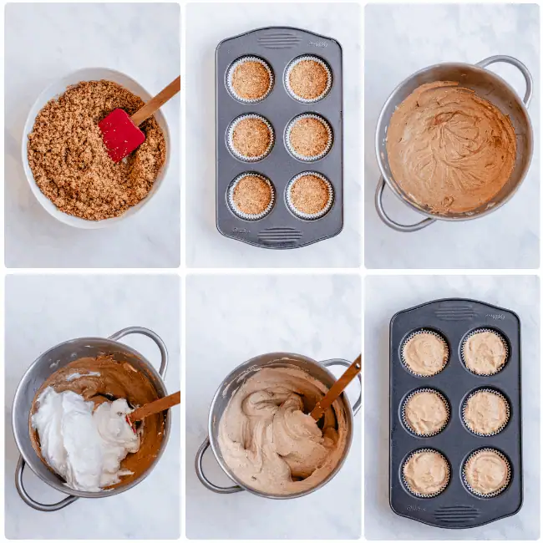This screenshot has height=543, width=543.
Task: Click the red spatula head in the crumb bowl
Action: pyautogui.click(x=121, y=134)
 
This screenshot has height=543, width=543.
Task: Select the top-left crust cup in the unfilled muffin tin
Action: pyautogui.click(x=251, y=79)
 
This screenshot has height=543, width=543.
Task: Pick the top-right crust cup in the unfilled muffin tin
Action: pyautogui.click(x=308, y=79)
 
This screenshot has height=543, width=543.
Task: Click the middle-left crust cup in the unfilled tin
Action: pyautogui.click(x=251, y=137)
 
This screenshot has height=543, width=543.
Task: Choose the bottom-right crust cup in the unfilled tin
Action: pyautogui.click(x=309, y=195)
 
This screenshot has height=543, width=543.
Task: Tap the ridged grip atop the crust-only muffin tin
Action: pyautogui.click(x=279, y=40)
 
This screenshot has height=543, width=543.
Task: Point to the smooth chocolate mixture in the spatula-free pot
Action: pyautogui.click(x=451, y=146)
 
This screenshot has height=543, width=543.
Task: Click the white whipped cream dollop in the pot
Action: pyautogui.click(x=84, y=439)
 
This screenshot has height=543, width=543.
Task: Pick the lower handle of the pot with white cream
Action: pyautogui.click(x=33, y=493)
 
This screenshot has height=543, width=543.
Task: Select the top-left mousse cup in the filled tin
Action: pyautogui.click(x=424, y=353)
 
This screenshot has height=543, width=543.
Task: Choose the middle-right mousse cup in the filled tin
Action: pyautogui.click(x=485, y=413)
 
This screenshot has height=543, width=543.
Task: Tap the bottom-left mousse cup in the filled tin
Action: pyautogui.click(x=425, y=473)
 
